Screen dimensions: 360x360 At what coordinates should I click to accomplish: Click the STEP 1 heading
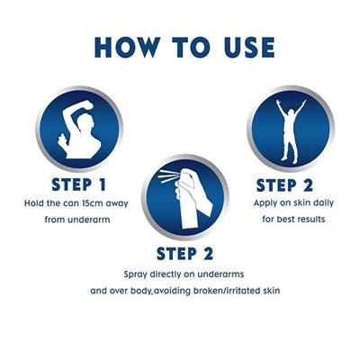click(x=79, y=184)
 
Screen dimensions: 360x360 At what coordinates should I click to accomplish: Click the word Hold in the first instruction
click(x=33, y=203)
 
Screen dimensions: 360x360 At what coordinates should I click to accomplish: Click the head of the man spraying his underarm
click(x=86, y=123)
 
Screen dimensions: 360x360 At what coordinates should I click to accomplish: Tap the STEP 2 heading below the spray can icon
click(x=184, y=254)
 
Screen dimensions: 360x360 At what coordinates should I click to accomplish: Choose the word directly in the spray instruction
click(x=167, y=274)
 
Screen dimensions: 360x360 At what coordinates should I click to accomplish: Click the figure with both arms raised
click(x=291, y=130)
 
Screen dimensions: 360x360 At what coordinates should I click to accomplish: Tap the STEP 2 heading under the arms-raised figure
click(x=284, y=185)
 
